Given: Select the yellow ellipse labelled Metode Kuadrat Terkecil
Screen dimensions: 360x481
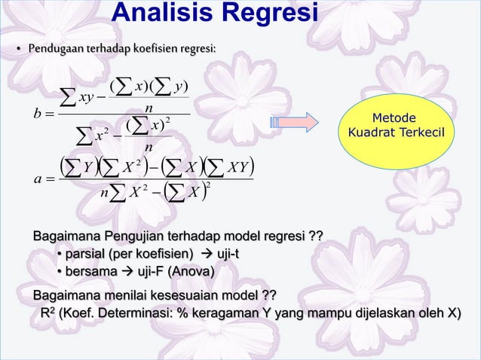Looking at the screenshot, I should click(x=397, y=127).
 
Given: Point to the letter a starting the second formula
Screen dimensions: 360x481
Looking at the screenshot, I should click(x=38, y=180).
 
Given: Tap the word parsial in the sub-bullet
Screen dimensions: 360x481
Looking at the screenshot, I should click(x=84, y=255).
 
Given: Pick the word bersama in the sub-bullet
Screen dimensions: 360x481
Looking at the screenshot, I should click(x=87, y=271).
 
